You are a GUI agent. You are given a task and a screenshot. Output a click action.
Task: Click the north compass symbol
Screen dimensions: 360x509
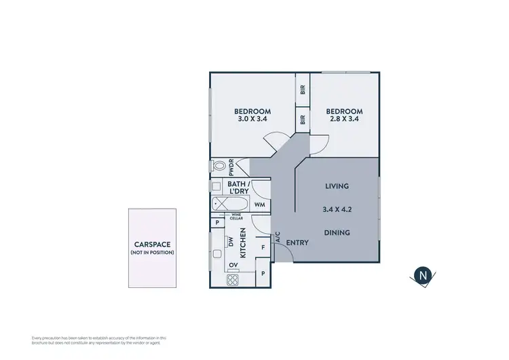point(423,275)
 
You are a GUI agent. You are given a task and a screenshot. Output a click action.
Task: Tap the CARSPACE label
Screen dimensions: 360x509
point(152,245)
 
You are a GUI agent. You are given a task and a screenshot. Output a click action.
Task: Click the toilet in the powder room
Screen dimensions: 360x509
point(219,166)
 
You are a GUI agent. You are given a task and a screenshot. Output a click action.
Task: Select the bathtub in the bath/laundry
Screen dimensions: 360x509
point(227,204)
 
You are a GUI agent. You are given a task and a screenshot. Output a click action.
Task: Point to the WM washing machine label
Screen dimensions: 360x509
point(259,204)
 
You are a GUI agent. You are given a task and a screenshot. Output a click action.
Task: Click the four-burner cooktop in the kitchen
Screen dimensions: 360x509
point(233,279)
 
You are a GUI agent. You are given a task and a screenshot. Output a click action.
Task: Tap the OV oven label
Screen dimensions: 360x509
point(233,265)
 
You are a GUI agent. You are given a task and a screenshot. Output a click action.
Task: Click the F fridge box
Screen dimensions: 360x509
point(263,247)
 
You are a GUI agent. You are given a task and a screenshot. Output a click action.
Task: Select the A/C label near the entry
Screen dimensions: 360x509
point(278,237)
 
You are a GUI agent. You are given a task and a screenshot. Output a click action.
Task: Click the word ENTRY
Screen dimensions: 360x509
point(297,242)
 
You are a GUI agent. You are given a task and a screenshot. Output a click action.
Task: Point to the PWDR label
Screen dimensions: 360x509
point(231,166)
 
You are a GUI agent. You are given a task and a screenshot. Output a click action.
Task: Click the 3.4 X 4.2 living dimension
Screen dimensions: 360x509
point(337,209)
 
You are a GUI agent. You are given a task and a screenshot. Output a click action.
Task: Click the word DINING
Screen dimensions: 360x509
point(337,232)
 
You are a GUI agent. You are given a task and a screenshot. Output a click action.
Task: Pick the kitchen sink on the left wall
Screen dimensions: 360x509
point(217,254)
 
